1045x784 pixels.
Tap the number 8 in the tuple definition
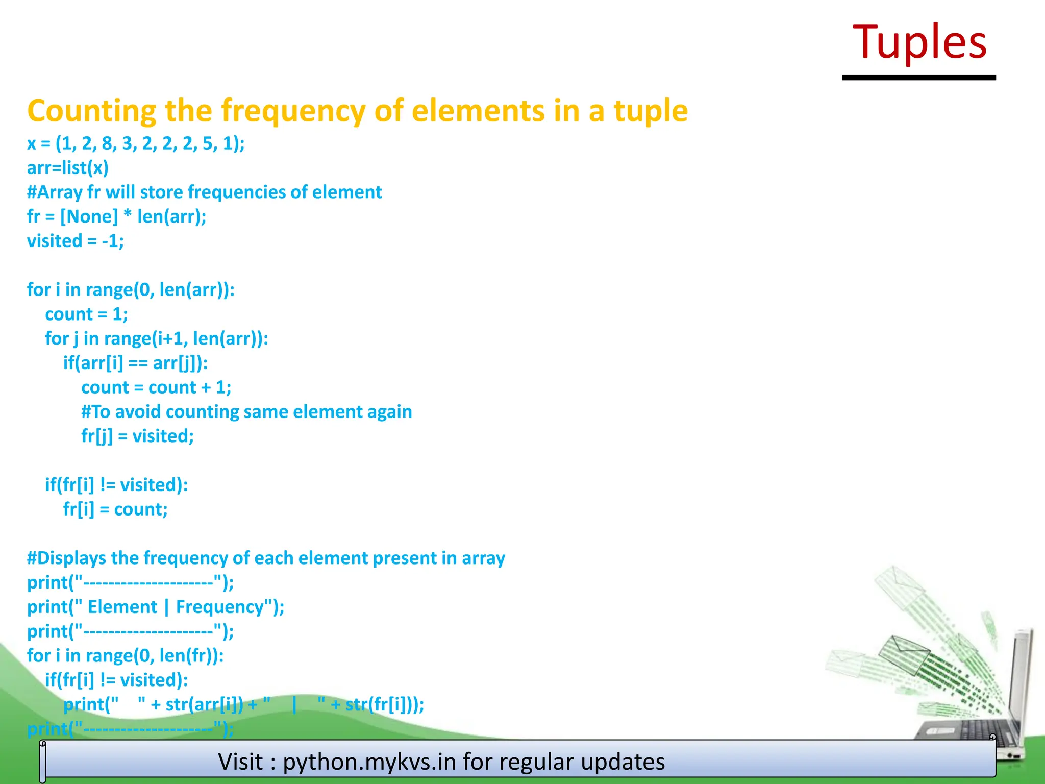pyautogui.click(x=107, y=143)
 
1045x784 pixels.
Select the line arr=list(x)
pyautogui.click(x=68, y=168)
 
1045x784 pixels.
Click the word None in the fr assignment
pyautogui.click(x=89, y=216)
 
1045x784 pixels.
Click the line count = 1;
pyautogui.click(x=86, y=314)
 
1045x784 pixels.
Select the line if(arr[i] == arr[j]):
pyautogui.click(x=135, y=363)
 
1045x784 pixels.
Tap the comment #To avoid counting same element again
pyautogui.click(x=246, y=411)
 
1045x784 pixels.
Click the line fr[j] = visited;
pyautogui.click(x=137, y=436)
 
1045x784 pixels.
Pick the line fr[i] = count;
pyautogui.click(x=115, y=509)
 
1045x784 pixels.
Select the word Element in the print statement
pyautogui.click(x=122, y=607)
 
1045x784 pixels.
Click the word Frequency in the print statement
pyautogui.click(x=220, y=607)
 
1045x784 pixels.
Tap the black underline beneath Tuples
pyautogui.click(x=918, y=78)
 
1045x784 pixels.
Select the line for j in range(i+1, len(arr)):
pyautogui.click(x=157, y=338)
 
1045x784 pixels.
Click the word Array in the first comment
pyautogui.click(x=60, y=192)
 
